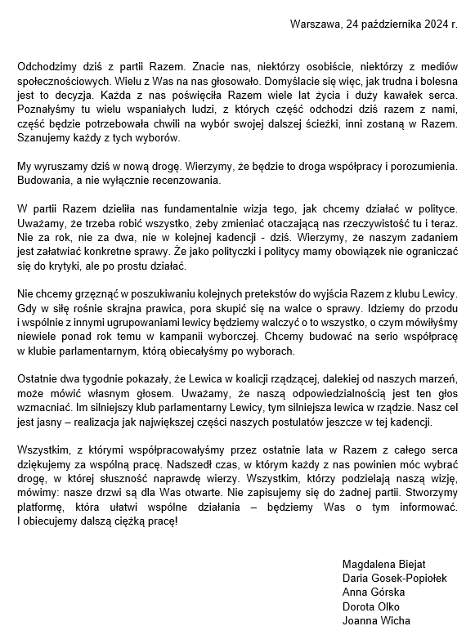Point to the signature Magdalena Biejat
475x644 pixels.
383,564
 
